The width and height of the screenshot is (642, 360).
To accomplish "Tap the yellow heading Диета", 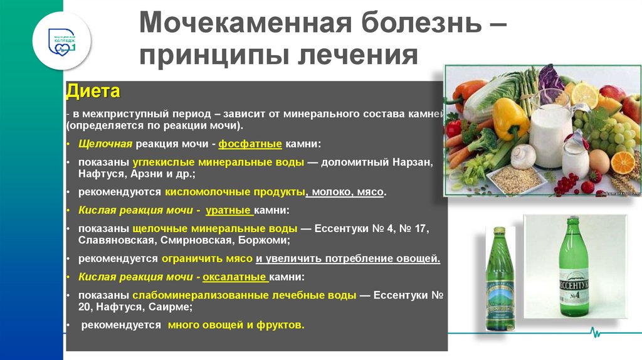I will pos(93,92).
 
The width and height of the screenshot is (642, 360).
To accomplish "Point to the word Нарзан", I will pos(410,162).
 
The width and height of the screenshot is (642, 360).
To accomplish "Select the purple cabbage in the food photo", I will pos(550,78).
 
